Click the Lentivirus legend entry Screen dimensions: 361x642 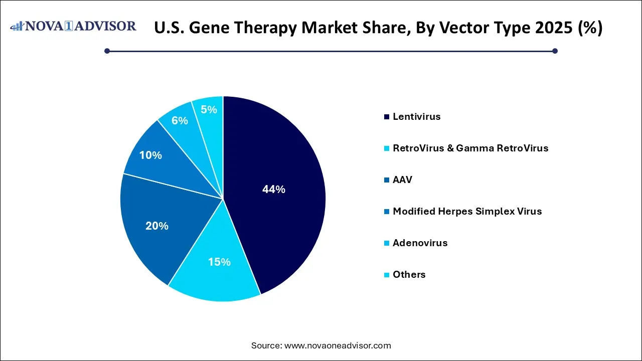point(416,117)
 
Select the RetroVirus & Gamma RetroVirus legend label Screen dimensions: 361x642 point(470,148)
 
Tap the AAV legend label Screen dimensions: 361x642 point(402,180)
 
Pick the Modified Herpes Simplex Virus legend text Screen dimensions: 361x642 point(467,212)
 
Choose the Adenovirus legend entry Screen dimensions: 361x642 point(420,243)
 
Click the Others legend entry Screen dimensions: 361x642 point(409,275)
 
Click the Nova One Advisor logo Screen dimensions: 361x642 point(73,27)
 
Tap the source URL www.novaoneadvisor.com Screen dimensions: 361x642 point(338,345)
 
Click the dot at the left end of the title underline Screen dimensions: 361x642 point(107,51)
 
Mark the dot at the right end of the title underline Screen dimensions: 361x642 point(555,51)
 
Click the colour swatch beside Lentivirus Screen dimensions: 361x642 point(387,117)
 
